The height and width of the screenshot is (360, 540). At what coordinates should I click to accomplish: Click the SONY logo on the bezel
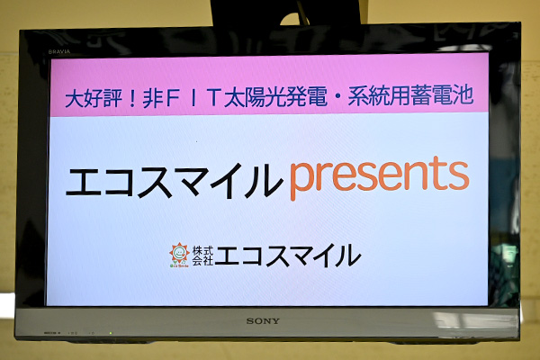click(263, 321)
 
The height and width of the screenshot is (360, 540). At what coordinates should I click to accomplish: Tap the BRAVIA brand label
click(59, 51)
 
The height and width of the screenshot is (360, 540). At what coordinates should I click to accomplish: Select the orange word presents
click(379, 178)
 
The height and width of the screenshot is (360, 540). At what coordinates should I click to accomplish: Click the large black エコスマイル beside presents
click(175, 181)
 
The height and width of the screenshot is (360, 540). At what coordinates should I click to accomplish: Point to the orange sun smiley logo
click(179, 254)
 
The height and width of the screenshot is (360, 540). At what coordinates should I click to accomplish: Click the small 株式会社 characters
click(202, 256)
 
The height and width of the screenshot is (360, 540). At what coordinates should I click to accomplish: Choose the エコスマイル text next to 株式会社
click(288, 256)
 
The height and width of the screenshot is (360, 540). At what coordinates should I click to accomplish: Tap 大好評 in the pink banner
click(94, 98)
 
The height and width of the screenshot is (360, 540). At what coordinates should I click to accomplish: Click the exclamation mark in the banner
click(132, 98)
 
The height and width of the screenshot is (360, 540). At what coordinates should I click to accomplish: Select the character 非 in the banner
click(153, 98)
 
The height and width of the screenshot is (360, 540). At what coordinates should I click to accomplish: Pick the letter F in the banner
click(172, 98)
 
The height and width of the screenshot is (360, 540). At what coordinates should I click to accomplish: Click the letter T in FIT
click(213, 98)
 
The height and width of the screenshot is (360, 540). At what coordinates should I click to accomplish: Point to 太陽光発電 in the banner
click(275, 97)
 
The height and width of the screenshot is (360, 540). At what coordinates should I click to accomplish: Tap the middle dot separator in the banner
click(337, 96)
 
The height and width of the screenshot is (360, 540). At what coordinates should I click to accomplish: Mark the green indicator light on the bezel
click(110, 333)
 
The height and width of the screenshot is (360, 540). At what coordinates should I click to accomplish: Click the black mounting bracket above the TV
click(286, 13)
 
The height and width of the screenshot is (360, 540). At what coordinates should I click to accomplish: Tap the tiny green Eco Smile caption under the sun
click(179, 266)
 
